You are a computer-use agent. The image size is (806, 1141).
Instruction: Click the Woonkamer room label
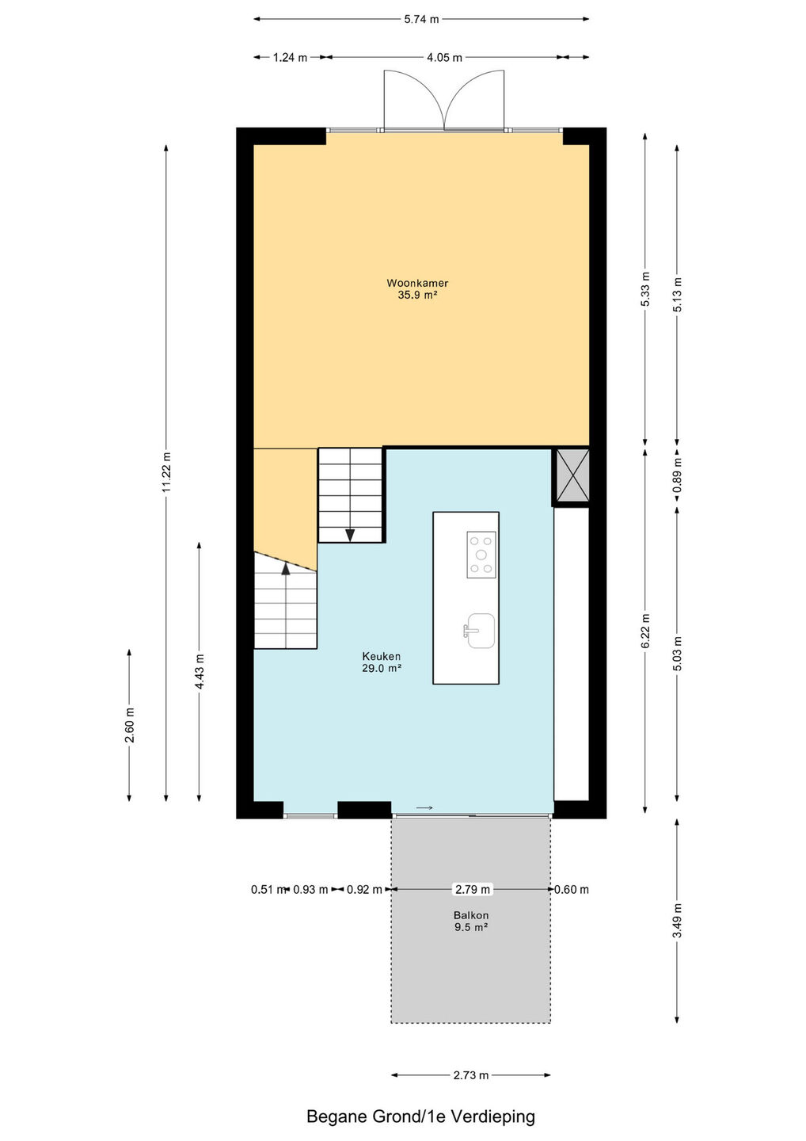(x=416, y=283)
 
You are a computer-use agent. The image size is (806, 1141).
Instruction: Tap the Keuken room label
(x=381, y=656)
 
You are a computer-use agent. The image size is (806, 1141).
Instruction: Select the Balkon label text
(x=471, y=915)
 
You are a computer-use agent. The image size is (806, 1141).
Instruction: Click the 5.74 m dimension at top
(x=420, y=19)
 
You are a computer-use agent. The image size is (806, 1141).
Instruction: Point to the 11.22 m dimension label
(x=166, y=472)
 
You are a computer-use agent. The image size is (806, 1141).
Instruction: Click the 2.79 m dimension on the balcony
(x=473, y=889)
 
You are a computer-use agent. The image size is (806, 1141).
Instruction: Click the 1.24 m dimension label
(x=290, y=58)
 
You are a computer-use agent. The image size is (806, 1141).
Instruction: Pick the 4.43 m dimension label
(x=200, y=672)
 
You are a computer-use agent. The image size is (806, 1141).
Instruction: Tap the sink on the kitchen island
(x=479, y=631)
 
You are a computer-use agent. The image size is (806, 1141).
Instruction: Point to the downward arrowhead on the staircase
(x=350, y=535)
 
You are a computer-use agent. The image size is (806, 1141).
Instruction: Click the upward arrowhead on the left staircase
(x=286, y=568)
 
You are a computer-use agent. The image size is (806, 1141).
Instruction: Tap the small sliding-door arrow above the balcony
(x=424, y=807)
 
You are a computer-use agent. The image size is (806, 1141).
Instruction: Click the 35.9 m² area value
(x=417, y=295)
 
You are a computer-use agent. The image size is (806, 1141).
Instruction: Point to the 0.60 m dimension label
(x=572, y=889)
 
